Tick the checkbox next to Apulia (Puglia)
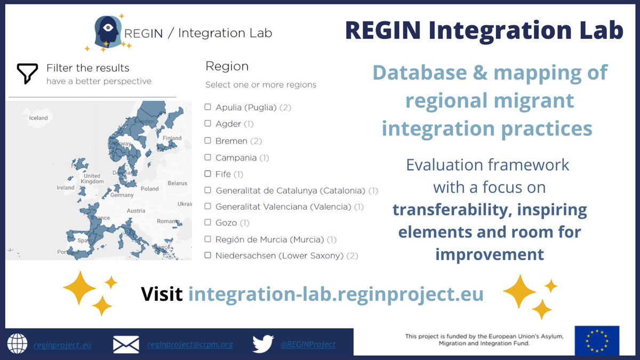pos(208,107)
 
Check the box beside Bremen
pos(208,141)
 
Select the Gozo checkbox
pos(208,223)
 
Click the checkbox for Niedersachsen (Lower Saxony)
pos(208,255)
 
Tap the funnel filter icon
pos(27,74)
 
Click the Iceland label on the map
pos(38,118)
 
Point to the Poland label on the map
pos(150,188)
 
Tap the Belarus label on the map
pos(178,183)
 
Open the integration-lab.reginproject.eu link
pos(336,294)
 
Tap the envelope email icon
pos(126,345)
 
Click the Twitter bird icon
pos(263,344)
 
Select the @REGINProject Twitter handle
pos(308,345)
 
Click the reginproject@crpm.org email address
pos(190,345)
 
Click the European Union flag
pos(597,340)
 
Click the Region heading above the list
pos(227,67)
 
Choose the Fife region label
pos(223,174)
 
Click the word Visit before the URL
pos(162,294)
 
